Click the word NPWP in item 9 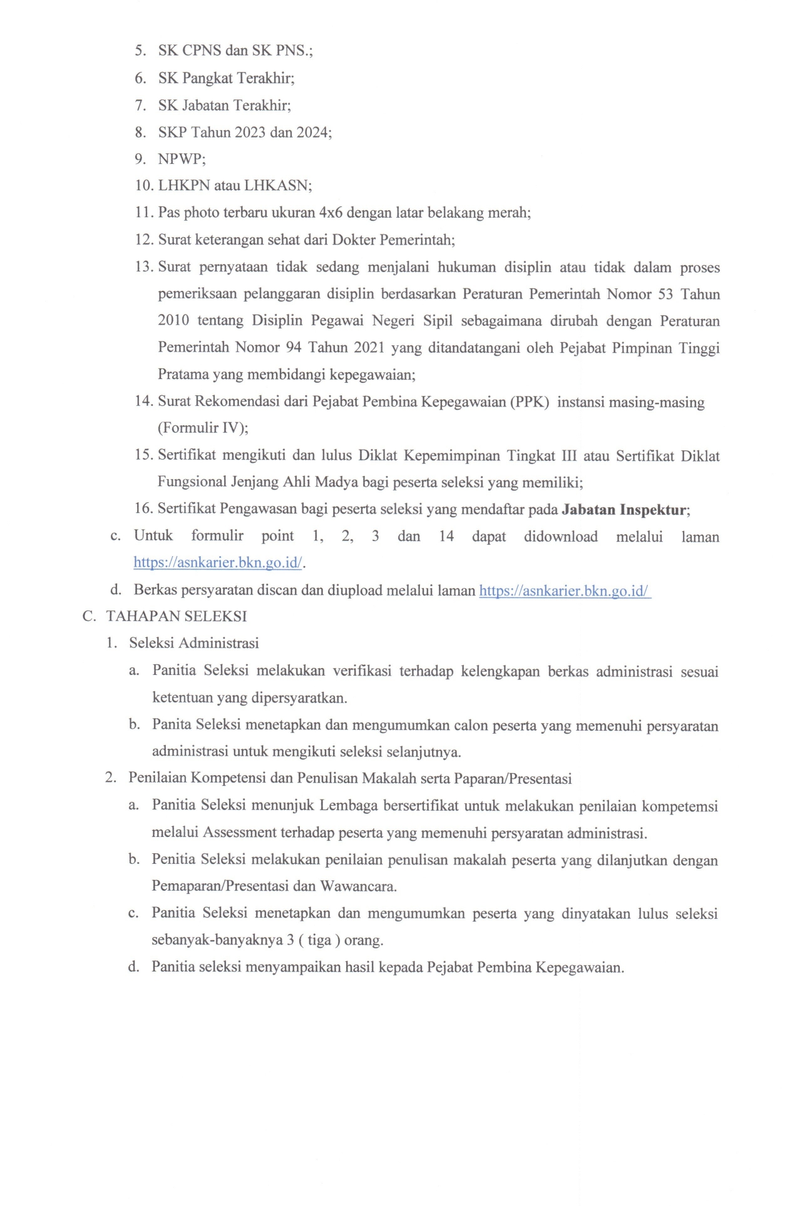[181, 159]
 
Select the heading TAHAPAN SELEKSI [177, 617]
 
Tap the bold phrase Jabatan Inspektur [624, 510]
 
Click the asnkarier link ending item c [218, 563]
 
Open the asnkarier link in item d [565, 590]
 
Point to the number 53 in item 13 [665, 294]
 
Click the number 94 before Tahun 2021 [293, 348]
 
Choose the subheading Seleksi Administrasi [194, 643]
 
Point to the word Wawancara [358, 886]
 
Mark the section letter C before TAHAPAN [88, 617]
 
